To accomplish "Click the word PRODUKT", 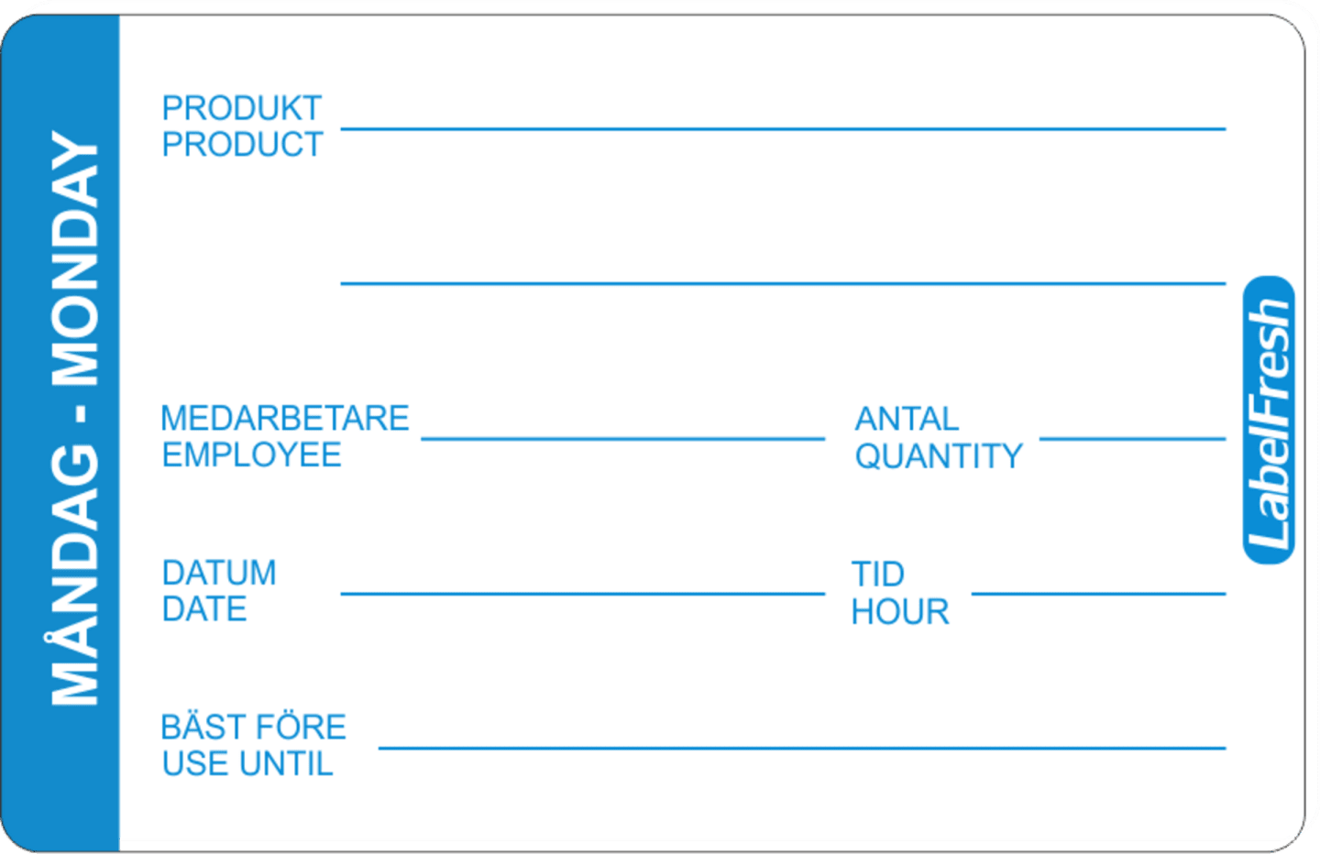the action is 242,108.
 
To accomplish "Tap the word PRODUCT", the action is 242,144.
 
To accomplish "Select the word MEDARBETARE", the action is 284,418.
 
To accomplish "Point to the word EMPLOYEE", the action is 251,454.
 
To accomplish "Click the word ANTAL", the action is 907,420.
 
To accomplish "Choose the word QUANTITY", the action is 939,456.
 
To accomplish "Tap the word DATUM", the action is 219,573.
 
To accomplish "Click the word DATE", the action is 203,609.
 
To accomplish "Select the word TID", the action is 878,575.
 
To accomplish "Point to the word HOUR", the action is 900,612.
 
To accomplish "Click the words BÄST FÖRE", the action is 253,727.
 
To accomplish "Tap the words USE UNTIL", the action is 247,764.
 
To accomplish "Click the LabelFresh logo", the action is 1268,420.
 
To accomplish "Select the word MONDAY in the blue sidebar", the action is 75,258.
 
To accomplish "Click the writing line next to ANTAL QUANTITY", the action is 1133,439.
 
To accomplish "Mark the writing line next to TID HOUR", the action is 1099,594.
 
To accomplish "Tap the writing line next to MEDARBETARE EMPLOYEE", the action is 623,439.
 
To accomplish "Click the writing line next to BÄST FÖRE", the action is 802,748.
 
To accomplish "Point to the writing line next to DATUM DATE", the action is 583,594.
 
